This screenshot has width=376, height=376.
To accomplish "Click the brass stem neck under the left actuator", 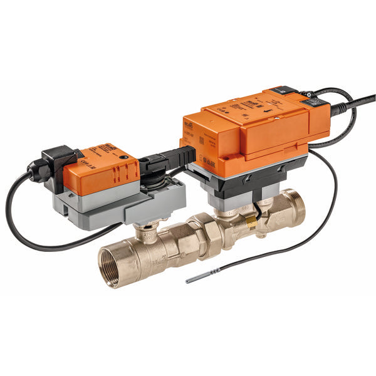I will [x=145, y=231].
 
